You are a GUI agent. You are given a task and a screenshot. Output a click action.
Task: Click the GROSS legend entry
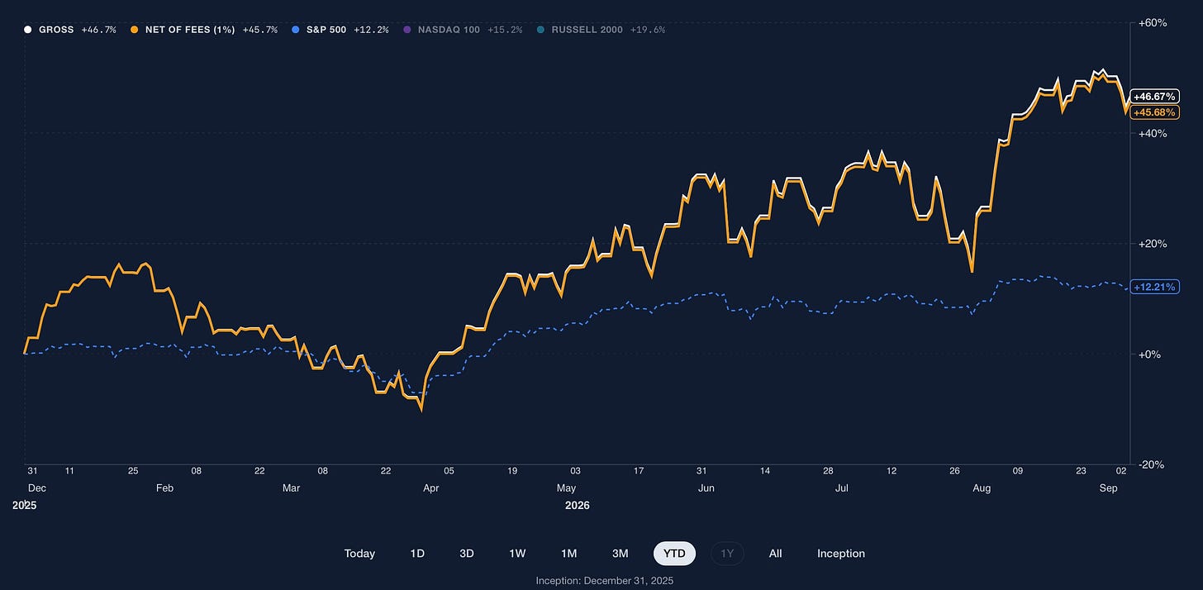(x=70, y=30)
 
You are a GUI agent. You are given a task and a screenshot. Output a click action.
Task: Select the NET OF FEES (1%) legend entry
(x=204, y=30)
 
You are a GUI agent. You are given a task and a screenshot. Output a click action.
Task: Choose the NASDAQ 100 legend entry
(x=463, y=30)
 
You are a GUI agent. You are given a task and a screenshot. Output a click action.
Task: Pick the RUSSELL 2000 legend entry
(x=601, y=30)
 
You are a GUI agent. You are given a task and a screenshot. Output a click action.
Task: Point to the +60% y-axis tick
(x=1153, y=23)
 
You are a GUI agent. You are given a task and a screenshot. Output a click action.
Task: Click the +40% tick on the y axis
(x=1153, y=133)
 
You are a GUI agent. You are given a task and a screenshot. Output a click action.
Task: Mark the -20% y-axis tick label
(x=1152, y=464)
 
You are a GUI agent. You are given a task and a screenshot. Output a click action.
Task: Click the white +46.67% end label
(x=1155, y=97)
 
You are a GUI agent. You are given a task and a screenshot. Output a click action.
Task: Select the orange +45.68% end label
(x=1155, y=112)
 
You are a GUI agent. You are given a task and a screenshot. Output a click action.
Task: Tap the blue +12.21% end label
(x=1155, y=287)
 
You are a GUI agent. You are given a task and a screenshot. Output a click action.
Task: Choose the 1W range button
(x=517, y=554)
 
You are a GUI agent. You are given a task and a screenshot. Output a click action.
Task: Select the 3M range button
(x=621, y=554)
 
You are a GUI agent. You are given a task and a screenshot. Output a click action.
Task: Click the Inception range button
(x=841, y=554)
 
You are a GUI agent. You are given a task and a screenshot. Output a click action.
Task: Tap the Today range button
(x=360, y=554)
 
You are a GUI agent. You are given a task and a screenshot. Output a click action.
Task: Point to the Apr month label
(x=431, y=488)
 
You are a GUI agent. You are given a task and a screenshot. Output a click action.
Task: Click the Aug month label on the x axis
(x=982, y=488)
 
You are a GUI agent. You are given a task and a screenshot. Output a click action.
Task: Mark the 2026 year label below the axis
(x=578, y=505)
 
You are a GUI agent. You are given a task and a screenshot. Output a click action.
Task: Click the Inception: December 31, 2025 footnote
(x=605, y=581)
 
